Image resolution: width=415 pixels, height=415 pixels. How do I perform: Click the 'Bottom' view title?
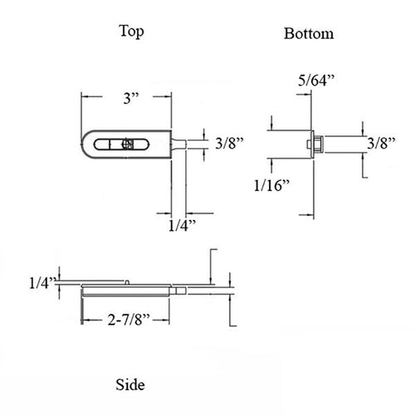point(309,34)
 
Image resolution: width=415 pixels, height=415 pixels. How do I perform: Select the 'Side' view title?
point(130,385)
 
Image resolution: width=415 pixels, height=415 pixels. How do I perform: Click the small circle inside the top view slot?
point(126,144)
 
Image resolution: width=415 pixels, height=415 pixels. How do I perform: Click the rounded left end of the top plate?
point(85,143)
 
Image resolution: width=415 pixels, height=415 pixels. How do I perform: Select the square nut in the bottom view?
point(315,143)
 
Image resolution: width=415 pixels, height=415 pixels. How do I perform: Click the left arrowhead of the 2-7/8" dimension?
point(82,317)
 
